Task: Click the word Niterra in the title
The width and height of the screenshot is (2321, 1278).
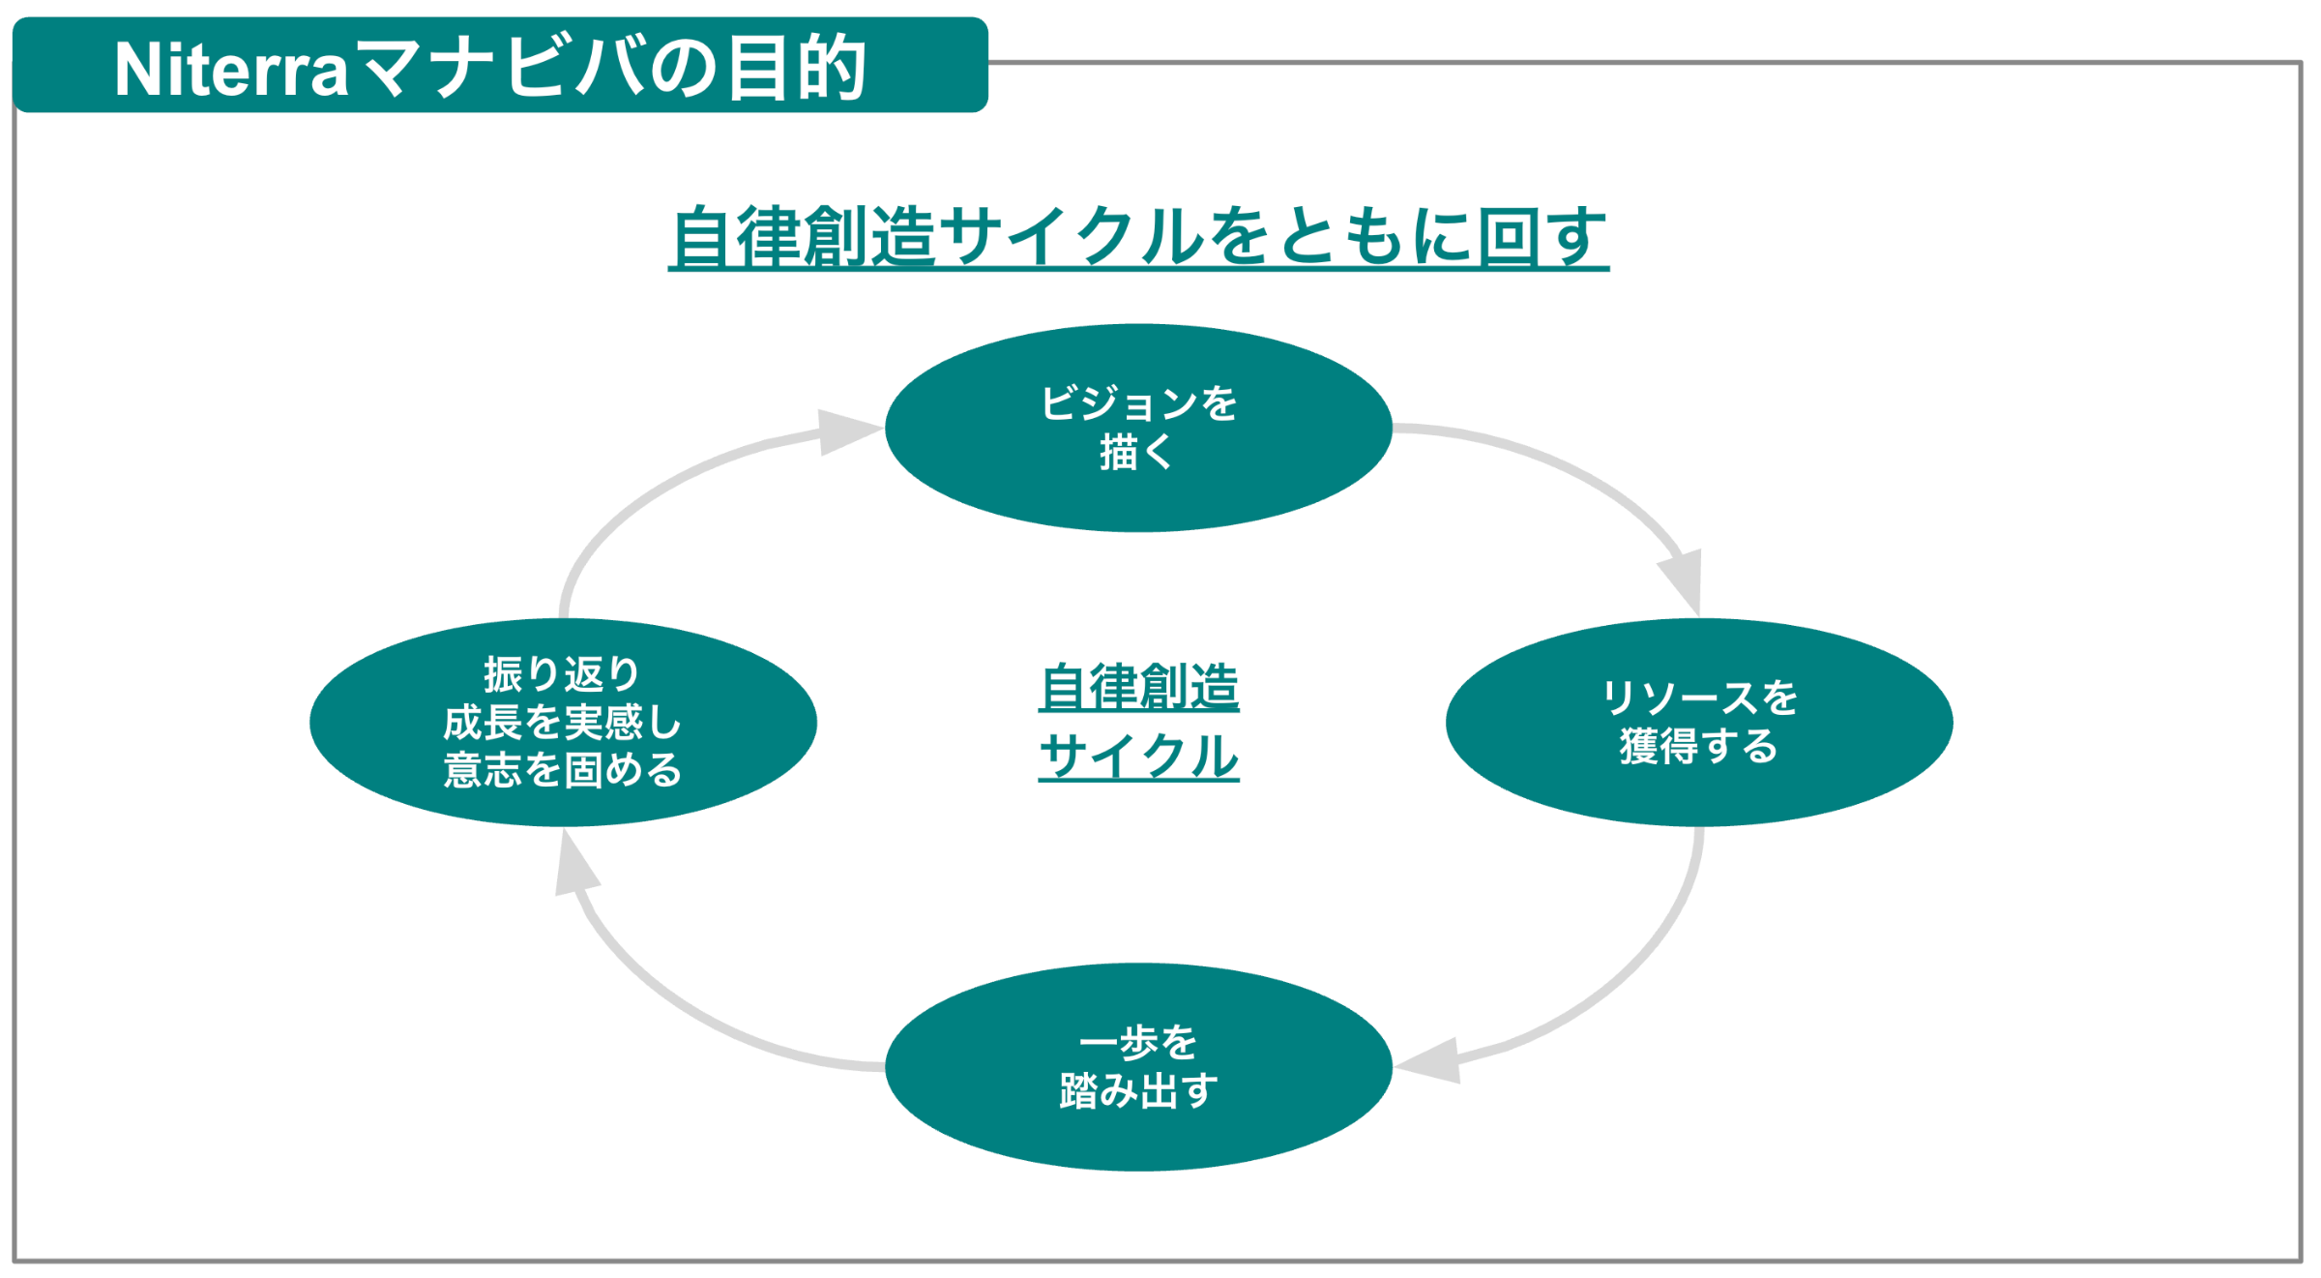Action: pos(230,70)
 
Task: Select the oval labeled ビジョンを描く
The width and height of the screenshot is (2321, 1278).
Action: pos(1138,503)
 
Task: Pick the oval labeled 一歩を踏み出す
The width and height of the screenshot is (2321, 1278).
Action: pos(1138,1142)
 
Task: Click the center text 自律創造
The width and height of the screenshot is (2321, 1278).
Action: pos(1138,688)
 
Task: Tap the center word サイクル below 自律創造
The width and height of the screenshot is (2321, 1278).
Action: pos(1138,756)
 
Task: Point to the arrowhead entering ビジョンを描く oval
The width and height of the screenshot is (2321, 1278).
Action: pos(846,431)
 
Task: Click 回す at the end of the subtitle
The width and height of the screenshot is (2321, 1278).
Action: pos(1542,236)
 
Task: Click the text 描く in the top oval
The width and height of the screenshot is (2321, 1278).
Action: pos(1137,452)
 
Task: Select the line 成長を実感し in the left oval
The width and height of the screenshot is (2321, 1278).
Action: pos(563,723)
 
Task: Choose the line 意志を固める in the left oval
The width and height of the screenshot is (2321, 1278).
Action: pos(563,770)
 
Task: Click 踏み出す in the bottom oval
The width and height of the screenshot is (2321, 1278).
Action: pos(1138,1091)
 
